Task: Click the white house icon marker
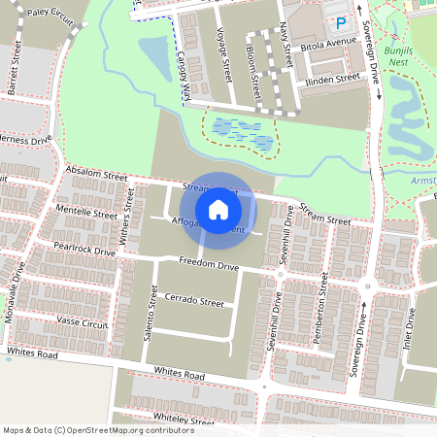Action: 218,209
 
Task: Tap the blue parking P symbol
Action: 340,23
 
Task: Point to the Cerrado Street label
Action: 194,302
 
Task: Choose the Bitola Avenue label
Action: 329,45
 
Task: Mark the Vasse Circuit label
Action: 82,321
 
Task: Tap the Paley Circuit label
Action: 50,15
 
